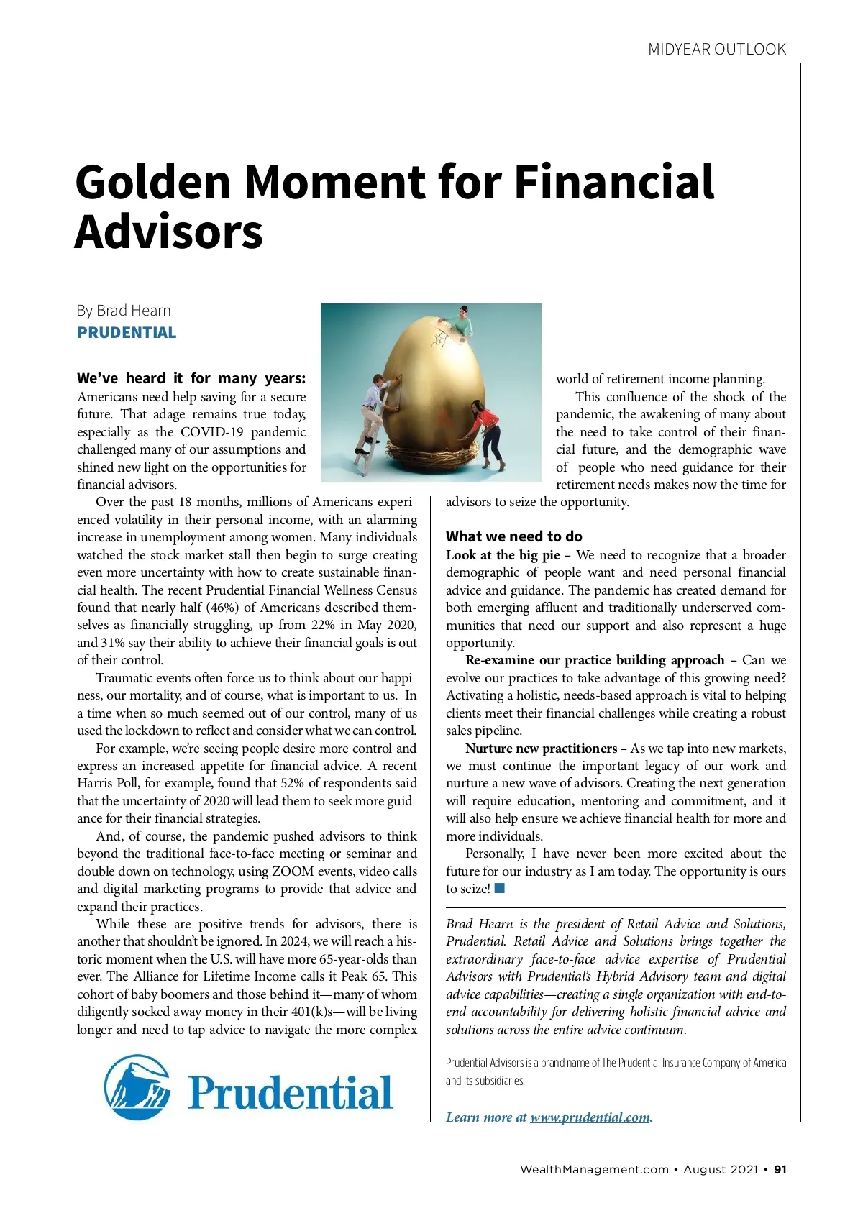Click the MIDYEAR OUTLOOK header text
point(717,50)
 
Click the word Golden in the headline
point(153,182)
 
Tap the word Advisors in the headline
point(169,232)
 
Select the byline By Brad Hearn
point(124,311)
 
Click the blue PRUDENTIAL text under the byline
point(127,333)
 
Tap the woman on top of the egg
point(461,321)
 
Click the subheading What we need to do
point(514,536)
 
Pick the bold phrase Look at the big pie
point(502,555)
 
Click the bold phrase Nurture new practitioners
point(541,749)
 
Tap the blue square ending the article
point(500,888)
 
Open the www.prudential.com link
point(590,1117)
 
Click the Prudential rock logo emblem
point(137,1087)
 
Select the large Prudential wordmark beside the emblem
point(291,1093)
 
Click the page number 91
point(780,1169)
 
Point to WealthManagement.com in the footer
point(594,1169)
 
